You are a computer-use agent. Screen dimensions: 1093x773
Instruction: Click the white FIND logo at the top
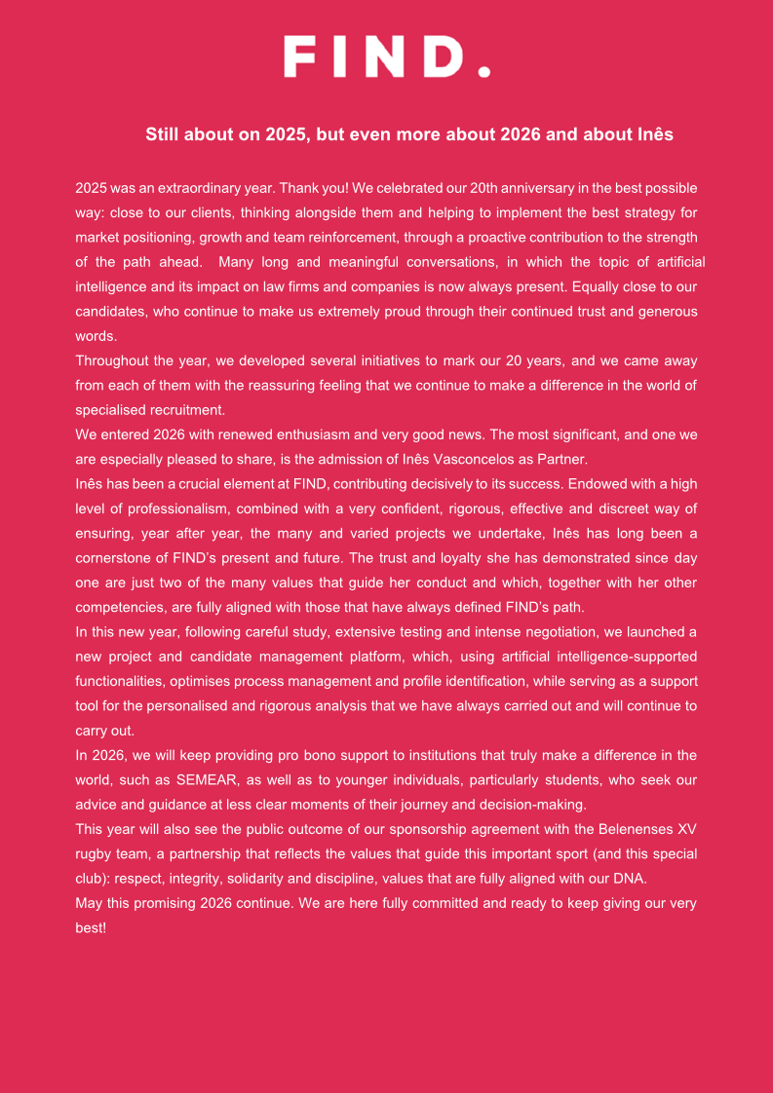[x=386, y=57]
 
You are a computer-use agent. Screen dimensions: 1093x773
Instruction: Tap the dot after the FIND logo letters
[x=483, y=70]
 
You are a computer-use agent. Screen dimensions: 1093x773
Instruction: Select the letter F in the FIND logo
[x=300, y=57]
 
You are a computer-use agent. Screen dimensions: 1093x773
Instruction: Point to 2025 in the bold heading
[x=286, y=134]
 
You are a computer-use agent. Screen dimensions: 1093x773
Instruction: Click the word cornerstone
[x=116, y=557]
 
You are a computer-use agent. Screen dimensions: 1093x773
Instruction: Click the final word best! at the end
[x=91, y=927]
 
